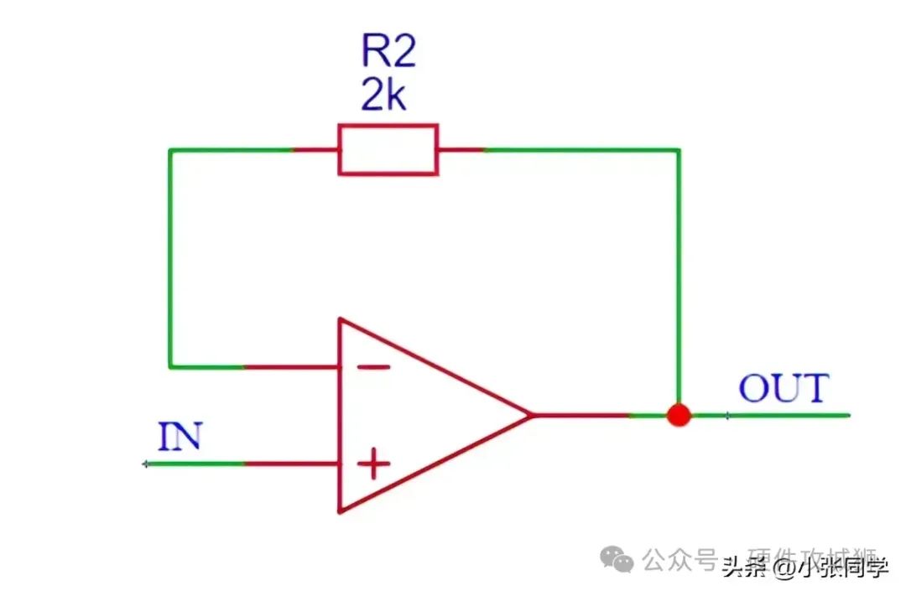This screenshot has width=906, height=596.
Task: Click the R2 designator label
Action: click(x=388, y=52)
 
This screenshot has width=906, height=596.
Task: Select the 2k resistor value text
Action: click(x=383, y=96)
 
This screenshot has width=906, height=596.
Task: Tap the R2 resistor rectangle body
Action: click(x=388, y=150)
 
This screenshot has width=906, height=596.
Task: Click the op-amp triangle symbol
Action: click(x=419, y=415)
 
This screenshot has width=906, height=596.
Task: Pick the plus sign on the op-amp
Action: click(x=374, y=463)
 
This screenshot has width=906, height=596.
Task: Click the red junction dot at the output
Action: click(x=678, y=415)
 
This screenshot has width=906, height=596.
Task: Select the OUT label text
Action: click(x=783, y=388)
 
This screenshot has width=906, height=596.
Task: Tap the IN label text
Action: click(x=180, y=437)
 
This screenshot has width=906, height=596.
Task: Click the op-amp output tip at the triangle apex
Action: click(x=532, y=415)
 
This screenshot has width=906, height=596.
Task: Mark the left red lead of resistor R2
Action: click(x=316, y=150)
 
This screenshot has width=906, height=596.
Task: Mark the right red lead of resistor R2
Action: click(x=460, y=150)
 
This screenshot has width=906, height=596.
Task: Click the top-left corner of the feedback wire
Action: click(x=170, y=150)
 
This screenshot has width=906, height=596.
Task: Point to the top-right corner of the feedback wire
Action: click(x=679, y=150)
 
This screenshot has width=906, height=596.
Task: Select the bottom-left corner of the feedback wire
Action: click(x=170, y=366)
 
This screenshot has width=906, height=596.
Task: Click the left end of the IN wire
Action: click(x=146, y=463)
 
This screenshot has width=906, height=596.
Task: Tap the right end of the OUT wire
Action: click(x=849, y=415)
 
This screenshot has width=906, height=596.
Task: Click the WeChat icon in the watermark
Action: click(x=621, y=558)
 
